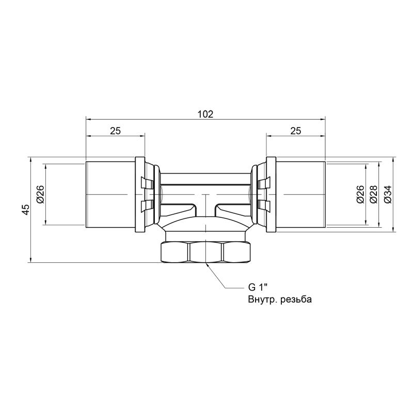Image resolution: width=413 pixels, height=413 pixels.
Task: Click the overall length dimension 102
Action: [205, 114]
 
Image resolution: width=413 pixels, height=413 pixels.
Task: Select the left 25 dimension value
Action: [115, 131]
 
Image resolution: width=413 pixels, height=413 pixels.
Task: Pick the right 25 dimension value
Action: [295, 131]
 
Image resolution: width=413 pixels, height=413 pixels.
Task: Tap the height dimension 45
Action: [26, 210]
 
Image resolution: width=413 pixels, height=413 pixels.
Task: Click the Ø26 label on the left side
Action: [40, 195]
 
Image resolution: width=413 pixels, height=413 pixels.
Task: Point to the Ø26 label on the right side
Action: [360, 195]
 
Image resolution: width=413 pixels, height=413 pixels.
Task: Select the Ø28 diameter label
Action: [373, 195]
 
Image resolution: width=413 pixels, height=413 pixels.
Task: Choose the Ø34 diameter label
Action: [388, 195]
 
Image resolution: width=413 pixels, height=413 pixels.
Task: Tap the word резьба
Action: [296, 299]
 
